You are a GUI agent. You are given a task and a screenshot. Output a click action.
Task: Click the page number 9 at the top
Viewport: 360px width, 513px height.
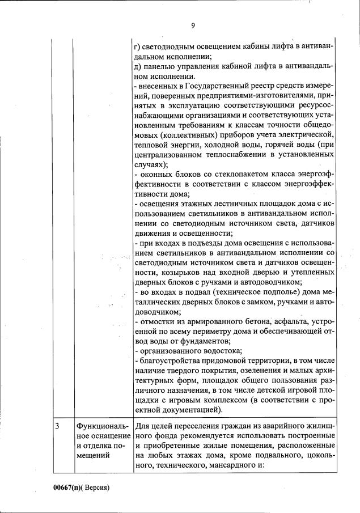(193, 25)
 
